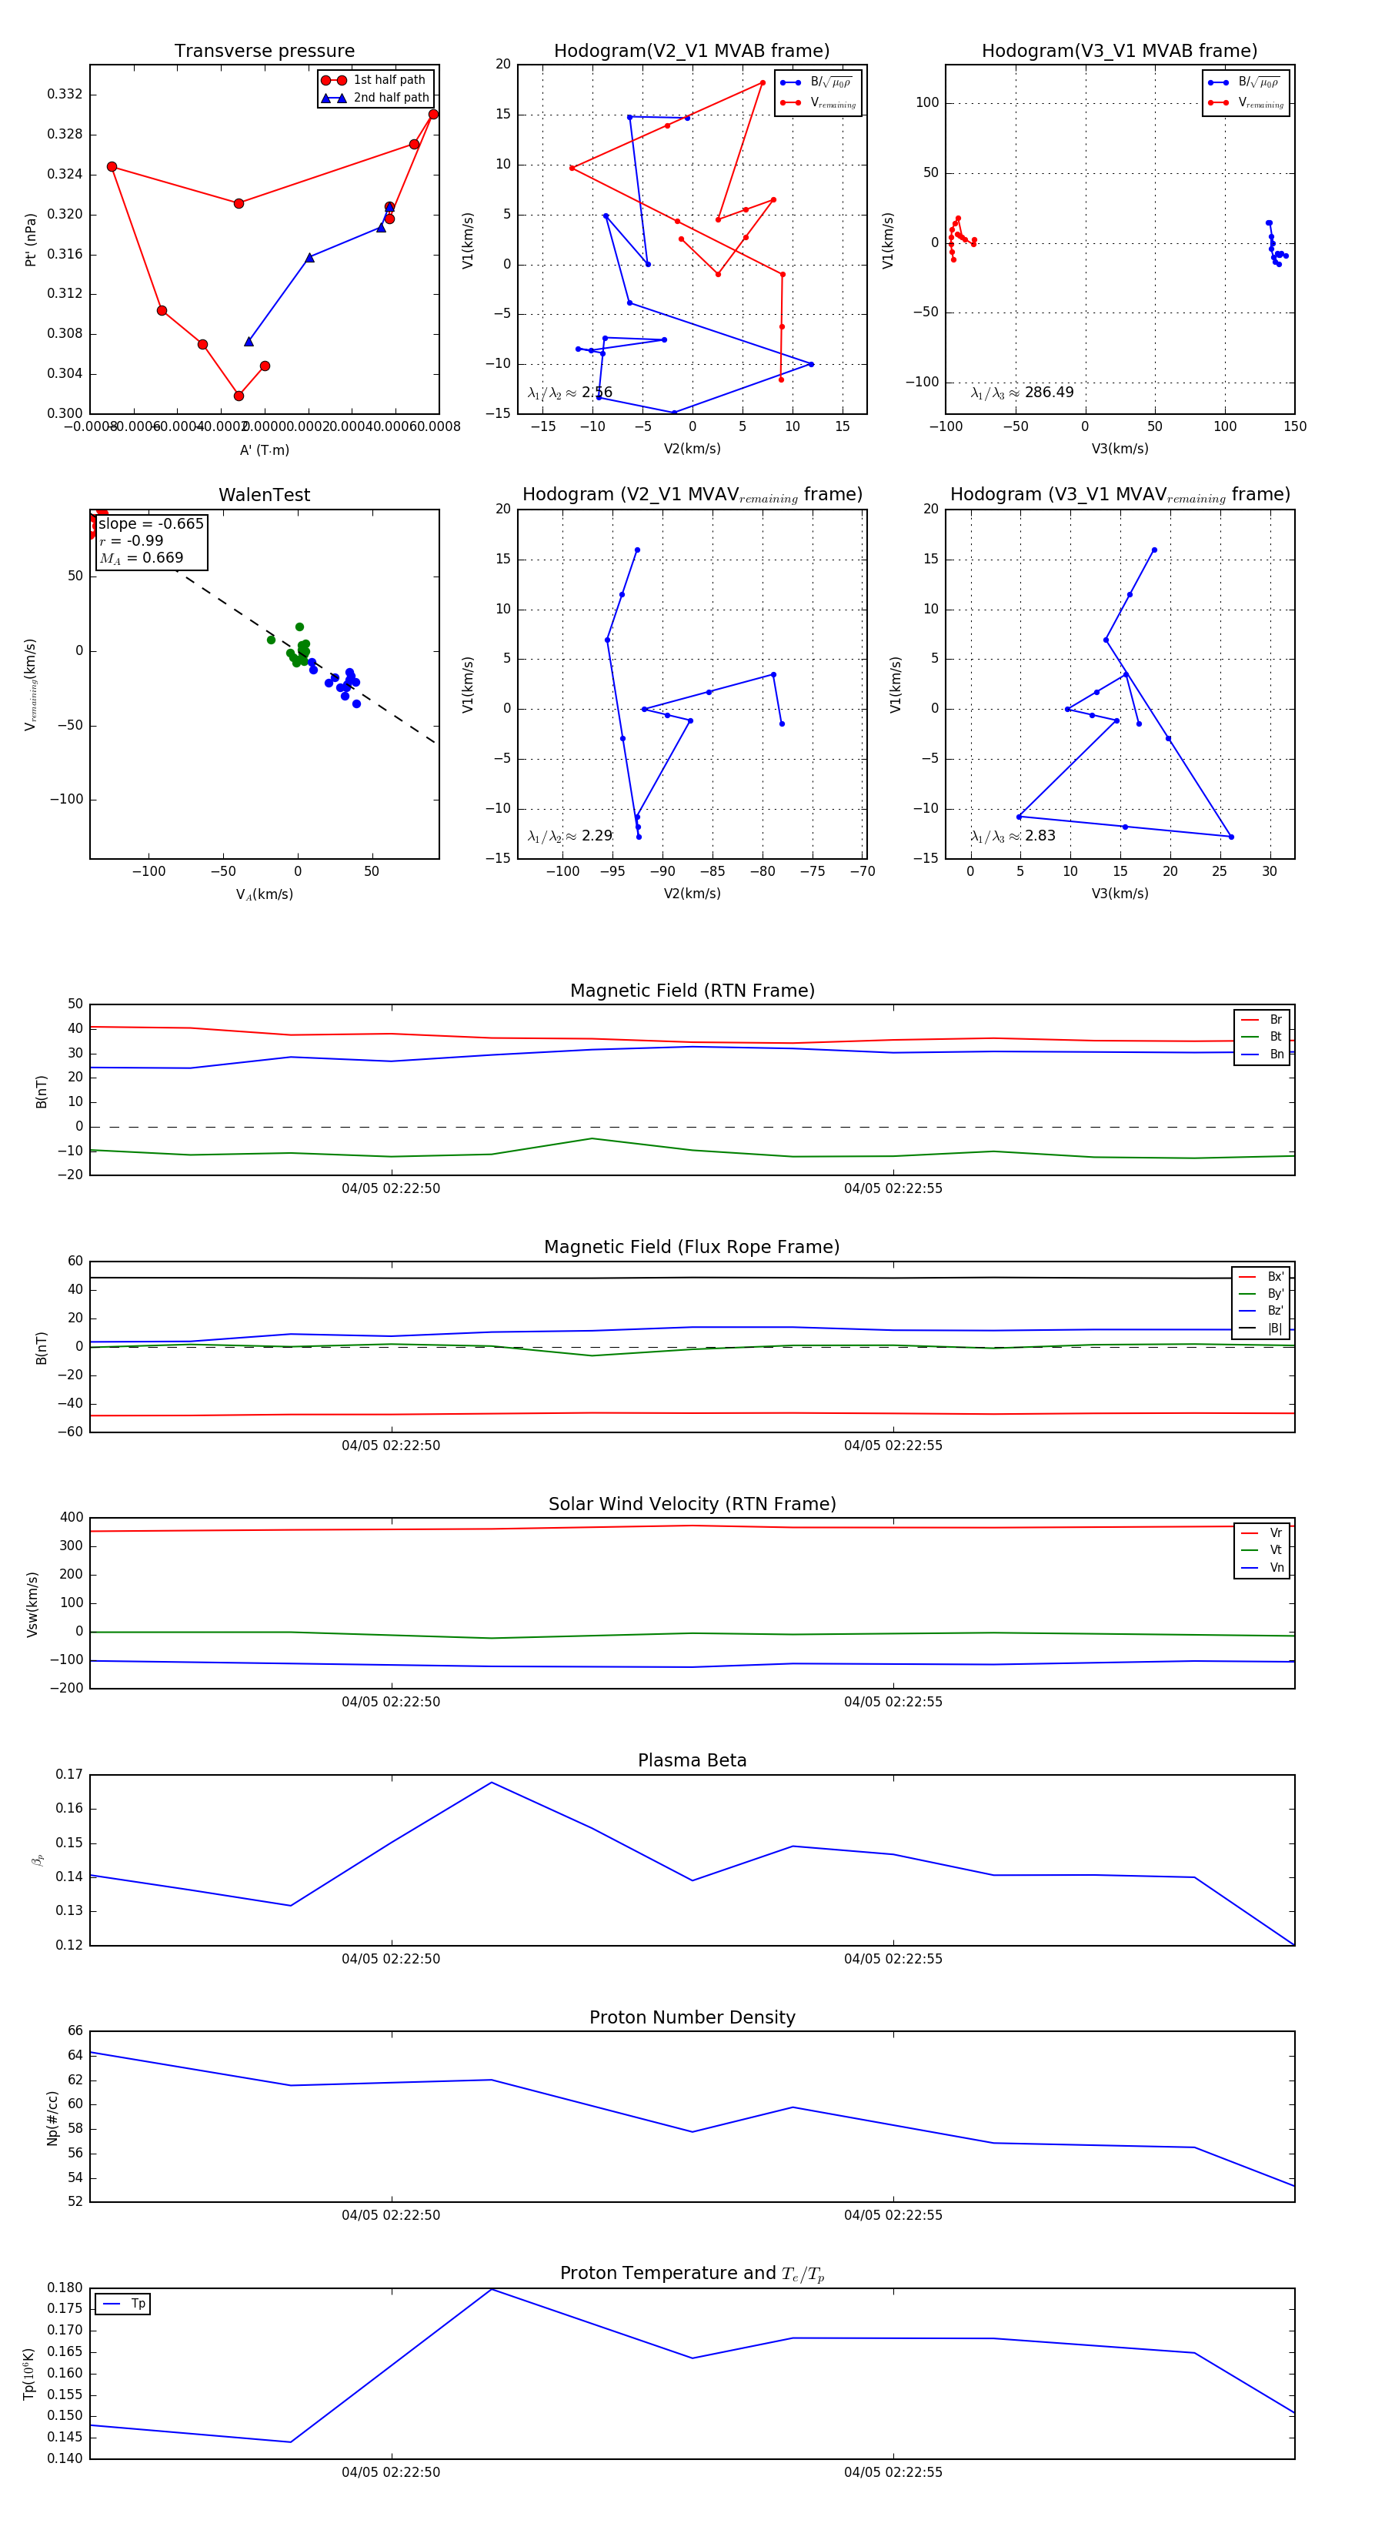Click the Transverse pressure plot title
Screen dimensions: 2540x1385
pyautogui.click(x=264, y=52)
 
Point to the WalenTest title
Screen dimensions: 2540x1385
pyautogui.click(x=264, y=495)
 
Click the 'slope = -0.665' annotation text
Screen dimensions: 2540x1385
pyautogui.click(x=151, y=523)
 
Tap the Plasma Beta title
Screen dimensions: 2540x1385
pyautogui.click(x=692, y=1761)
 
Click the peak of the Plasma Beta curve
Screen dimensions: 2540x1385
pyautogui.click(x=492, y=1783)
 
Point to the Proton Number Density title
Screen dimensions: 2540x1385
pyautogui.click(x=692, y=2017)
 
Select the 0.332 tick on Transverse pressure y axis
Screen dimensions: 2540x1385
pyautogui.click(x=65, y=95)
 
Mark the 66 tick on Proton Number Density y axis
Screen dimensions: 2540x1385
pyautogui.click(x=75, y=2031)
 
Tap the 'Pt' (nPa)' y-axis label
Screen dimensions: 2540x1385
pyautogui.click(x=31, y=239)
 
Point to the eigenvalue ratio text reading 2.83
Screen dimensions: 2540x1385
pyautogui.click(x=1013, y=836)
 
